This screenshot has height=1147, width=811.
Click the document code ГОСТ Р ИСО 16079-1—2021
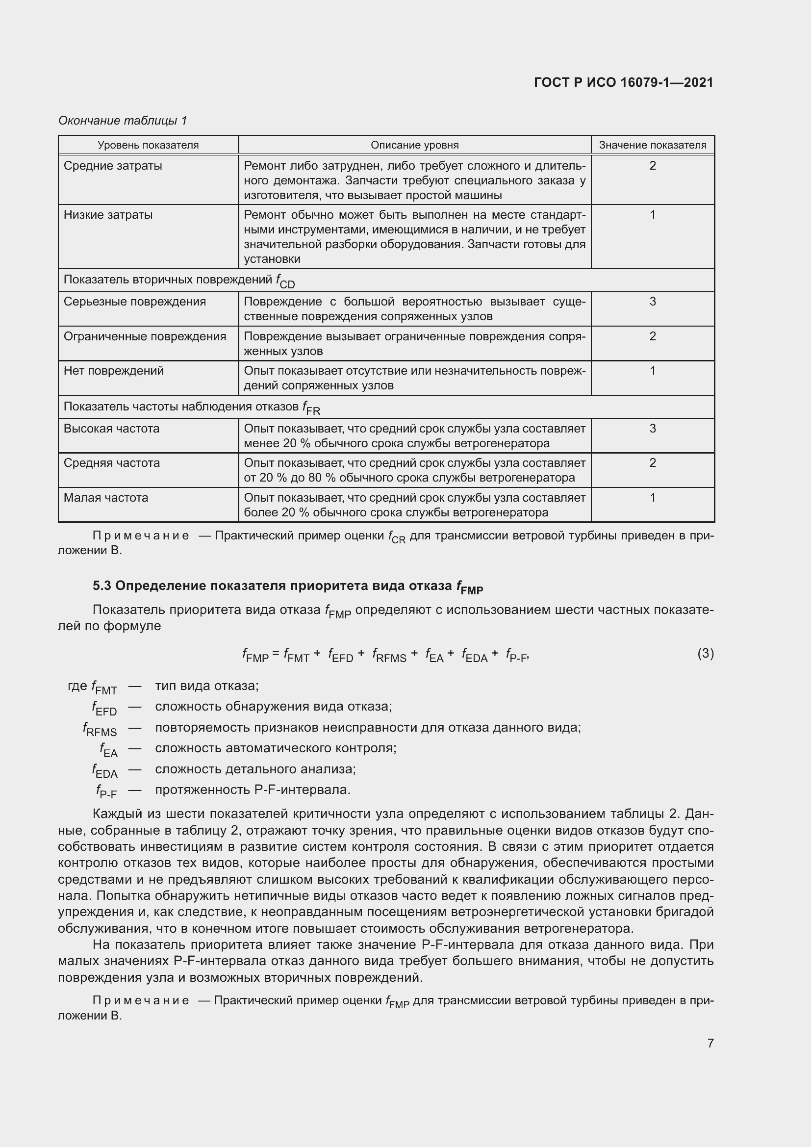click(623, 82)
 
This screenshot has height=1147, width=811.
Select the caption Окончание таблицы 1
click(123, 121)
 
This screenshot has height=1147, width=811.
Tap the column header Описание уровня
click(414, 145)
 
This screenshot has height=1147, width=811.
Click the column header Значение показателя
click(652, 145)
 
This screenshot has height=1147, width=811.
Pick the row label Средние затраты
click(113, 165)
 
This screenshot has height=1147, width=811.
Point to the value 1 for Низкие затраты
click(652, 215)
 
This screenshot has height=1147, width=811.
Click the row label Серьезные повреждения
click(135, 301)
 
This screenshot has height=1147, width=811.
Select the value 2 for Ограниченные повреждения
click(652, 336)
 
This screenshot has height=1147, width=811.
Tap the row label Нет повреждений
click(114, 371)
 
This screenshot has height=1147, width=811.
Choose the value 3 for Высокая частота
click(652, 428)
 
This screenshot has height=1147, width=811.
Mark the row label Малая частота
click(106, 498)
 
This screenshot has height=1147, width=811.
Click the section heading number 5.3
click(102, 586)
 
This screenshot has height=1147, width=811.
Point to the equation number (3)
click(705, 653)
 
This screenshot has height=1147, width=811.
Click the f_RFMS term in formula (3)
click(389, 656)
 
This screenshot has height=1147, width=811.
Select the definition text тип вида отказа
click(206, 686)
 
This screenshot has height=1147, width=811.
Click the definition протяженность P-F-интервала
click(253, 790)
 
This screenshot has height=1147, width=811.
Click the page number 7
click(710, 1043)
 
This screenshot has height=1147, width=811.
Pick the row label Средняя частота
click(112, 462)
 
